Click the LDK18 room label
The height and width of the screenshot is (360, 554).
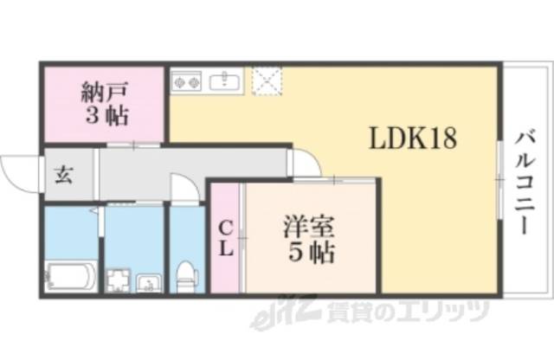(x=414, y=138)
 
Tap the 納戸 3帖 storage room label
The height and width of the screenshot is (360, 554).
(x=104, y=101)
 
